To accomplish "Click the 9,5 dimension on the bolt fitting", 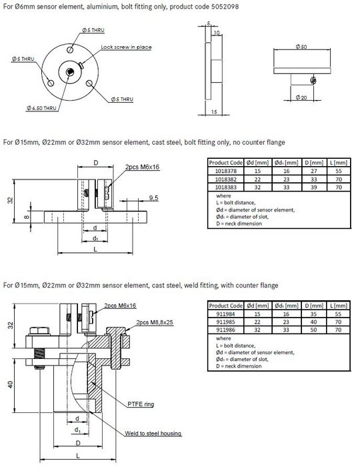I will (x=153, y=198).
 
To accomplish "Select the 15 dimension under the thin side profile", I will (x=213, y=111).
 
